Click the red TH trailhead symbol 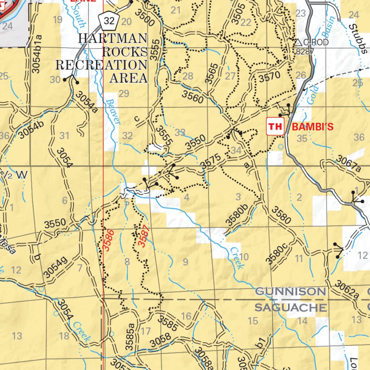pyautogui.click(x=275, y=126)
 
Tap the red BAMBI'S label pyautogui.click(x=312, y=127)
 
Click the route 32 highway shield pyautogui.click(x=108, y=21)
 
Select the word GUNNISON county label pyautogui.click(x=291, y=292)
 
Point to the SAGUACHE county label pyautogui.click(x=291, y=308)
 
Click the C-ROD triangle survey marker pyautogui.click(x=298, y=43)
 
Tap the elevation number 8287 pyautogui.click(x=305, y=51)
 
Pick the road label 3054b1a pyautogui.click(x=36, y=54)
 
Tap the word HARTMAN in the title pyautogui.click(x=113, y=38)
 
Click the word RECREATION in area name pyautogui.click(x=101, y=65)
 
